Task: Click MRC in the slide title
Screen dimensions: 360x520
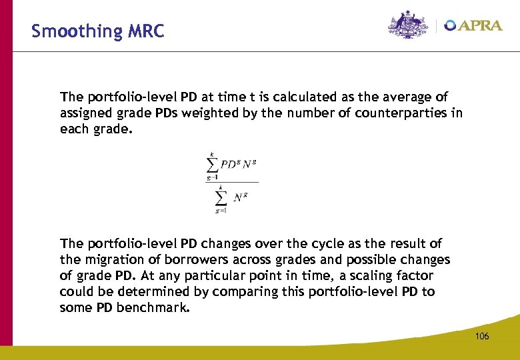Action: [143, 31]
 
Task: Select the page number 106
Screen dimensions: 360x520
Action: [482, 336]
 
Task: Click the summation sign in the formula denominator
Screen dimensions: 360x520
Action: [220, 199]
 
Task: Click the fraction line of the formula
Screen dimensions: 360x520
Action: [232, 181]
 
